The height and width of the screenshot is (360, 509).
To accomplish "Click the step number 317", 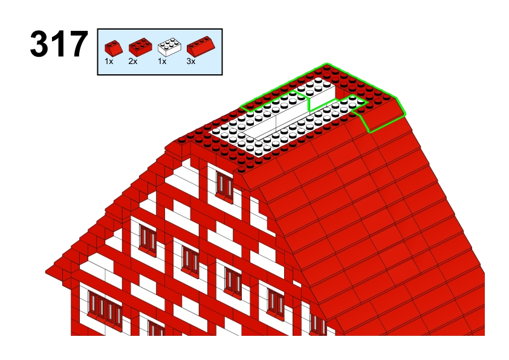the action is pos(59,43).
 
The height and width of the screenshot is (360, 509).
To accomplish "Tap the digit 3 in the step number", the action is pos(39,43).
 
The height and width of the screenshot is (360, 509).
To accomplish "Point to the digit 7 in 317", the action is pos(77,43).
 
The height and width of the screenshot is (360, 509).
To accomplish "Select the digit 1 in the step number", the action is pos(58,43).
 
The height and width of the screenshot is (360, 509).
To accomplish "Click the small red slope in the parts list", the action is pos(114,47).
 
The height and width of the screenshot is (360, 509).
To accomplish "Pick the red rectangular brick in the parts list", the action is pos(141,47).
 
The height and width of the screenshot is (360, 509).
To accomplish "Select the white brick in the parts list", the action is pos(169,47).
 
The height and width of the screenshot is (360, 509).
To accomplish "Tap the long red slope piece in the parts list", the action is pos(201,46).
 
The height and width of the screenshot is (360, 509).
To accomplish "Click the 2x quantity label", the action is pos(133,61).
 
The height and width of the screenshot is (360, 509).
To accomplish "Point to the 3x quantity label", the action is pos(191,61).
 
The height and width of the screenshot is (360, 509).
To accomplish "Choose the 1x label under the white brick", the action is pos(162,61).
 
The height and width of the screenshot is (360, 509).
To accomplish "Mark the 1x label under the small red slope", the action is pos(109,61).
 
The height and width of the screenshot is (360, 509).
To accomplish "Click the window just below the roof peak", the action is pos(224,185).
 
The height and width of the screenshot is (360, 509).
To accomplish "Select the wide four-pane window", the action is pos(105,309).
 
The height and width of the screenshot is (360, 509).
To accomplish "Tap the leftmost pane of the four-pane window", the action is pos(93,304).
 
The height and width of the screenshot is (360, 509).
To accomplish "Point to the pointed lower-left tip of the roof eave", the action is pos(46,271).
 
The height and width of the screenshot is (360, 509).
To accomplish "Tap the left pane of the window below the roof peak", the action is pos(221,183).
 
